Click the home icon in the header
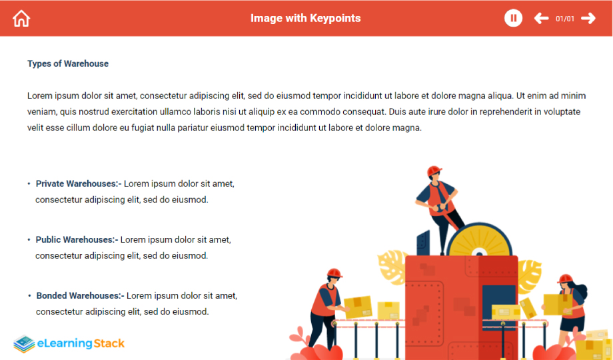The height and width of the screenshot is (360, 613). tap(21, 19)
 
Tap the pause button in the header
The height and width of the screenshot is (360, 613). tap(513, 18)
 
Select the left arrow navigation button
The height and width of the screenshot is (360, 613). tap(541, 18)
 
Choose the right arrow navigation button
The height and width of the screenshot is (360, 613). tap(588, 18)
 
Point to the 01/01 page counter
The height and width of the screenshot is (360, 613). tap(565, 19)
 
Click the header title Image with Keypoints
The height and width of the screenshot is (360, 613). tap(306, 18)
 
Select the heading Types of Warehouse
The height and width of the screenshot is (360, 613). tap(68, 63)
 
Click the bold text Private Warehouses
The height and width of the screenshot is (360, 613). tap(77, 183)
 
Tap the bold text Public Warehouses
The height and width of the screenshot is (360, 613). tap(75, 239)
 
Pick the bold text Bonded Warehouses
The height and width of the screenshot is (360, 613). tap(79, 295)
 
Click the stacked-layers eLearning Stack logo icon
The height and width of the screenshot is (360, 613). tap(24, 343)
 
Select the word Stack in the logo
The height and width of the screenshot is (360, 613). tap(109, 343)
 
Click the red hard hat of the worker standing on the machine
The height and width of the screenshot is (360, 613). tap(434, 171)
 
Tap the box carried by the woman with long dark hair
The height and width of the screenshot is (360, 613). tap(558, 304)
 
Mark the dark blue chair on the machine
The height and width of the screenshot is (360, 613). tap(423, 243)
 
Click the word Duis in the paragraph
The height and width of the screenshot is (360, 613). tap(397, 112)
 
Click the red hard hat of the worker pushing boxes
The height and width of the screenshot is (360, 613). tap(334, 273)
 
